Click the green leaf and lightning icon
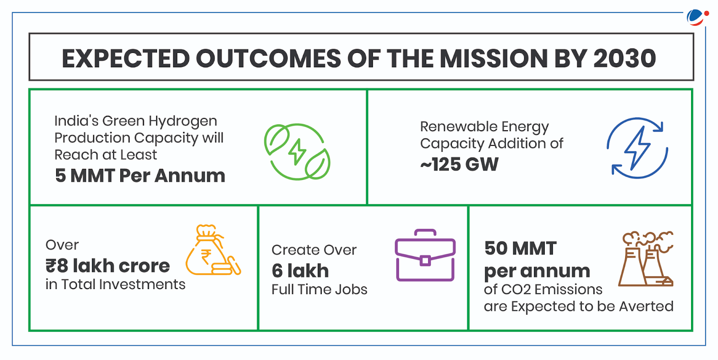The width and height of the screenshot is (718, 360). click(297, 152)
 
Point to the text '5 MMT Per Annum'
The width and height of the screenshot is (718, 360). click(140, 176)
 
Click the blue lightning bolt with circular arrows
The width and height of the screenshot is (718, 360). click(637, 148)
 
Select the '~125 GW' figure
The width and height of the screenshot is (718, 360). click(459, 164)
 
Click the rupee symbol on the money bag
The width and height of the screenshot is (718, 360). click(206, 257)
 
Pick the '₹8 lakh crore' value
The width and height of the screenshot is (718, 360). click(108, 266)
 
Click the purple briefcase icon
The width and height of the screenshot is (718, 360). click(425, 256)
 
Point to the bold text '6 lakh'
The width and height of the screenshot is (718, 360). click(300, 271)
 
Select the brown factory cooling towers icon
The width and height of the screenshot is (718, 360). click(646, 259)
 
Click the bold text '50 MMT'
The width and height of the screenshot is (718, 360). click(521, 248)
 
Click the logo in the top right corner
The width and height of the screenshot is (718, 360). click(697, 17)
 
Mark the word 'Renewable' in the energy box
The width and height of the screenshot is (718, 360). click(459, 127)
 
